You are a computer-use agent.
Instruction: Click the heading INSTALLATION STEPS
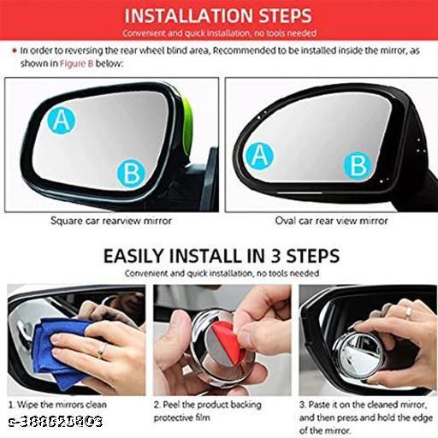coord(217,15)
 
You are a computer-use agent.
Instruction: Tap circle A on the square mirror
coord(59,121)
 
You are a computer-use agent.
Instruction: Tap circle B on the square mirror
coord(131,173)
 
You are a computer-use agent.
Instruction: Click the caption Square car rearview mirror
coord(111,221)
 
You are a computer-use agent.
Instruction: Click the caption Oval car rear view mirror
coord(331,221)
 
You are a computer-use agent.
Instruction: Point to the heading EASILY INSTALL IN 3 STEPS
coord(221,256)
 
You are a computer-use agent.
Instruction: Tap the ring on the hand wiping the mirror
coord(101,349)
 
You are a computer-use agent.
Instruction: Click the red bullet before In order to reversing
coord(14,51)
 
